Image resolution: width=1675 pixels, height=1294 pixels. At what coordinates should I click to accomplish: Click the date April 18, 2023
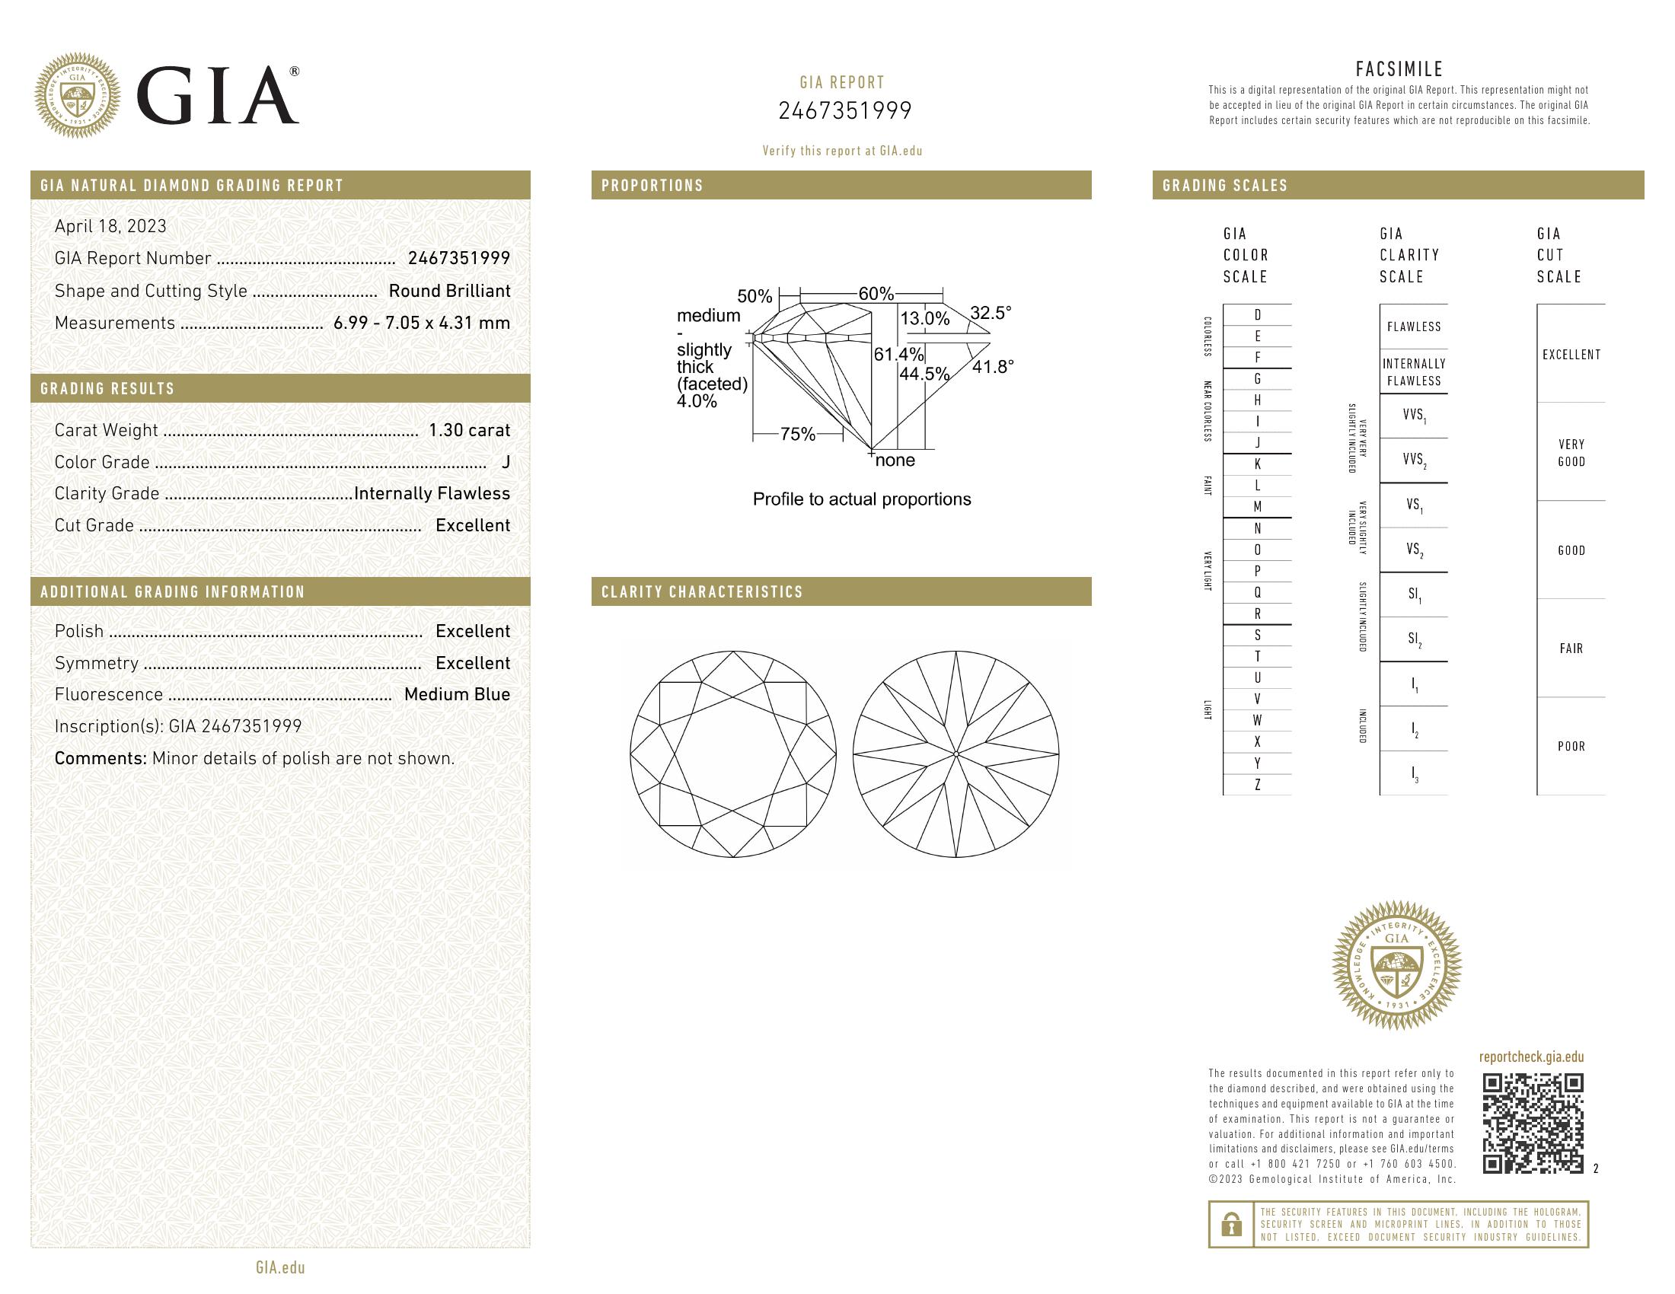click(110, 226)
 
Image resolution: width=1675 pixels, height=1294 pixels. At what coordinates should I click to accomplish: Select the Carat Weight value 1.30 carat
click(468, 430)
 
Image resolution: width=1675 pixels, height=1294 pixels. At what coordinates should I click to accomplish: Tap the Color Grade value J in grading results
click(506, 462)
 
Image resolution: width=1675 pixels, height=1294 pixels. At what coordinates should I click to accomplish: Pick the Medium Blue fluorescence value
click(456, 694)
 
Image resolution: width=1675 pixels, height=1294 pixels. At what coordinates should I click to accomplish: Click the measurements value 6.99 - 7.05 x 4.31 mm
click(422, 323)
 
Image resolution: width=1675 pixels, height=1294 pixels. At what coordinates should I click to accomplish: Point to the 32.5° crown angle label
click(990, 313)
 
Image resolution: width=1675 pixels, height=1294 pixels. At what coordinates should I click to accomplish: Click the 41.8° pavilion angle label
click(992, 366)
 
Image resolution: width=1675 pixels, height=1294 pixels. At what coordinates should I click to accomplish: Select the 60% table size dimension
click(876, 294)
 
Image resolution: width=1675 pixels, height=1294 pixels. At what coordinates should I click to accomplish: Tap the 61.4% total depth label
click(898, 354)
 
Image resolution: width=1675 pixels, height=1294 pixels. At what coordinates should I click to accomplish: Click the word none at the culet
click(895, 460)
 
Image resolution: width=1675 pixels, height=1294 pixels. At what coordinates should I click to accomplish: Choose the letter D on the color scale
click(1257, 315)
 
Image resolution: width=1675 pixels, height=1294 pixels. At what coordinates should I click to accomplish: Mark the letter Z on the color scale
click(1257, 785)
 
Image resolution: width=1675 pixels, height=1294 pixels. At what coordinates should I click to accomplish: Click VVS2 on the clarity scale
click(1414, 461)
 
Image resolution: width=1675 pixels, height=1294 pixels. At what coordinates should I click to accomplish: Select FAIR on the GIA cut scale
click(1571, 649)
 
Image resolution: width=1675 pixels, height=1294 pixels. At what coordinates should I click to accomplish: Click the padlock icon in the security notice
click(1231, 1224)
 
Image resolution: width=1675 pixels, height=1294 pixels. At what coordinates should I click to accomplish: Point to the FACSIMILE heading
click(1399, 69)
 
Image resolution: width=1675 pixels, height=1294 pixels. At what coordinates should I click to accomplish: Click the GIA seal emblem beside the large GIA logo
click(78, 96)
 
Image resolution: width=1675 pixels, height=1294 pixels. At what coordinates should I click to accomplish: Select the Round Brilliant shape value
click(448, 292)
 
